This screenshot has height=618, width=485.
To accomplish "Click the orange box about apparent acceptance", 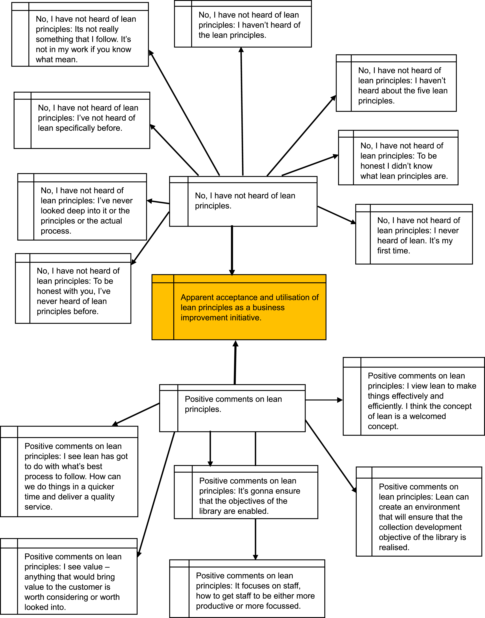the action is (239, 307).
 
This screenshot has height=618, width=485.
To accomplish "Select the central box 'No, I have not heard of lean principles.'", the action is (243, 201).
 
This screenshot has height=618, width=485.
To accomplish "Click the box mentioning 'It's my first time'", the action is (414, 234).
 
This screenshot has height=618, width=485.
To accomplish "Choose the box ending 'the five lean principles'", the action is (396, 83).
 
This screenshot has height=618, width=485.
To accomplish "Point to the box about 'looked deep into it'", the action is (82, 207).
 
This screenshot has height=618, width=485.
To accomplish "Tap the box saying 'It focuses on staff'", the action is (247, 588).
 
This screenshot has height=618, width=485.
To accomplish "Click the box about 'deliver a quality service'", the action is (69, 471).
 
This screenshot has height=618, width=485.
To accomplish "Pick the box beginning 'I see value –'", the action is (69, 576).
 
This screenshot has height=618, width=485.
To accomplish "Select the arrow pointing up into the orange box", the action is (235, 362).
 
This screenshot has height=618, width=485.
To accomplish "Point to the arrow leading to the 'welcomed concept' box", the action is (324, 400).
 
